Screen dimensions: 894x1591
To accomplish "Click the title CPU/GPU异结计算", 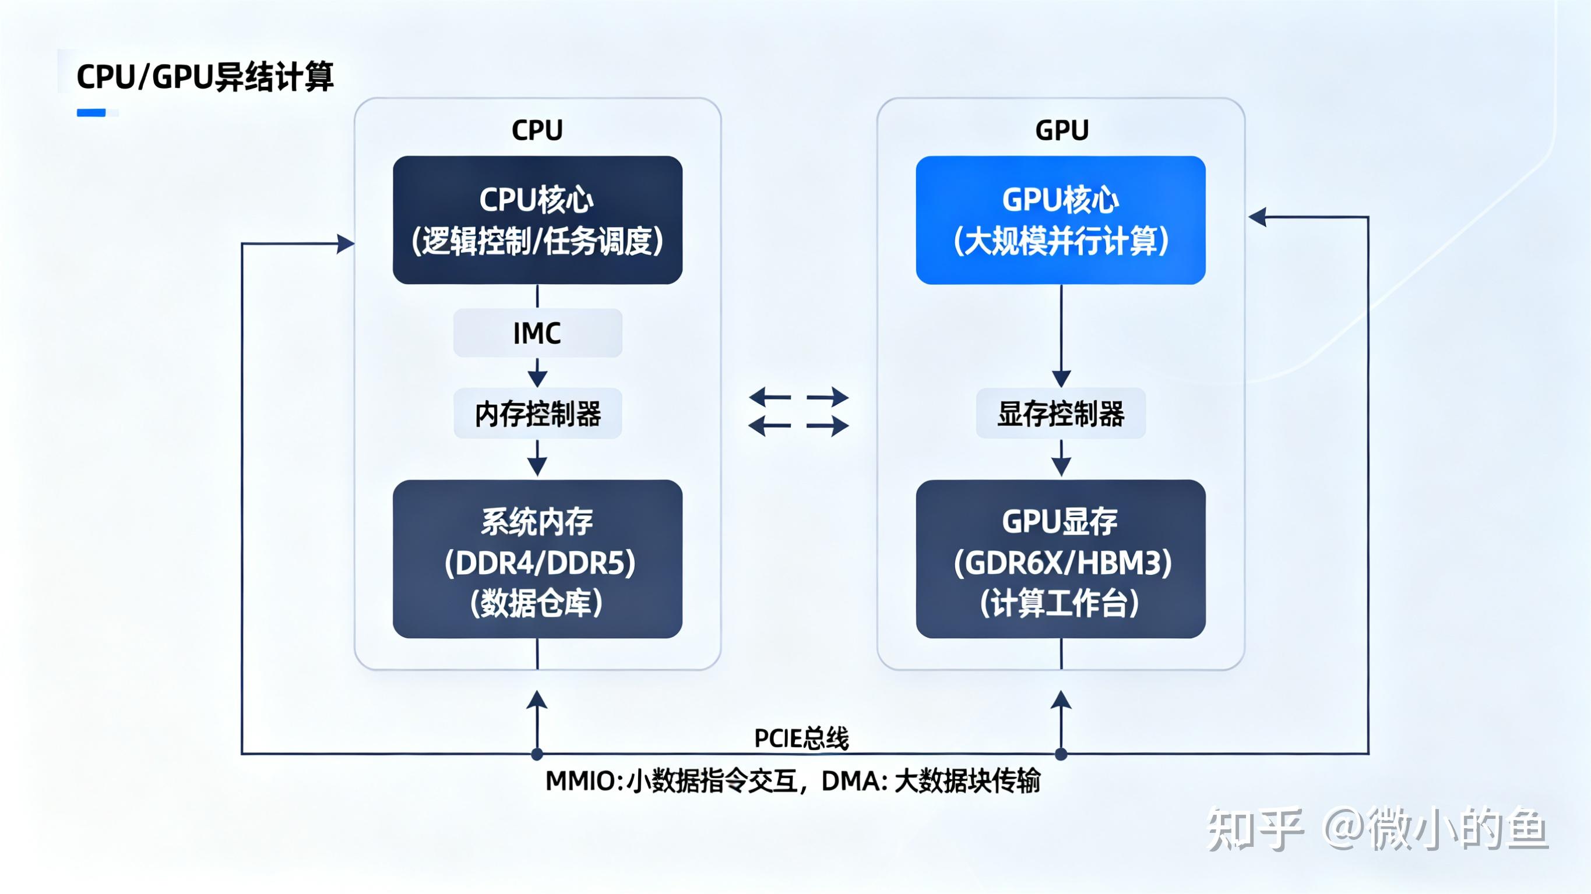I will (205, 77).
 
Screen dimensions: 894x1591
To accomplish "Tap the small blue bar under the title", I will (91, 112).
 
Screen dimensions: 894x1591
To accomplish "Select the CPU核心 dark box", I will (537, 220).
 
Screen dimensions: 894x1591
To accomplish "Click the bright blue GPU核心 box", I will (1061, 220).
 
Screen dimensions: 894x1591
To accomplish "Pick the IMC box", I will (537, 333).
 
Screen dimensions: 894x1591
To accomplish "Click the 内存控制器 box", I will (537, 414).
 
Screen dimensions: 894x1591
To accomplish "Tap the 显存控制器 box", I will (1061, 414).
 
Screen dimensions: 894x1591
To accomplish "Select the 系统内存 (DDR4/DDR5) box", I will (537, 559).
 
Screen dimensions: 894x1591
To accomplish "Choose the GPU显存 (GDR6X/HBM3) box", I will (1061, 559).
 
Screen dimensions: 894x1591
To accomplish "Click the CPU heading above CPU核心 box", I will (537, 130).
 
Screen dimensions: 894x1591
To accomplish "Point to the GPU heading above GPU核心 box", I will (1061, 130).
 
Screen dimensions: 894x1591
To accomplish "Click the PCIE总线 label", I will (801, 738).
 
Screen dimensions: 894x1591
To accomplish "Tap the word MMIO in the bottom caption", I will (580, 781).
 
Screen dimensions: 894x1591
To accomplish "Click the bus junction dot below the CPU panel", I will (537, 754).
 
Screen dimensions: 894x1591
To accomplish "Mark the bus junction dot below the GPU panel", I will (1061, 754).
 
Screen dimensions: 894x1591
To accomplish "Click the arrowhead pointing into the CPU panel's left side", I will (346, 244).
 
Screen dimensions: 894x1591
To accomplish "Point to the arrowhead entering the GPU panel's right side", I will (1258, 217).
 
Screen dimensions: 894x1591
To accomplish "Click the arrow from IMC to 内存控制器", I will (537, 373).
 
